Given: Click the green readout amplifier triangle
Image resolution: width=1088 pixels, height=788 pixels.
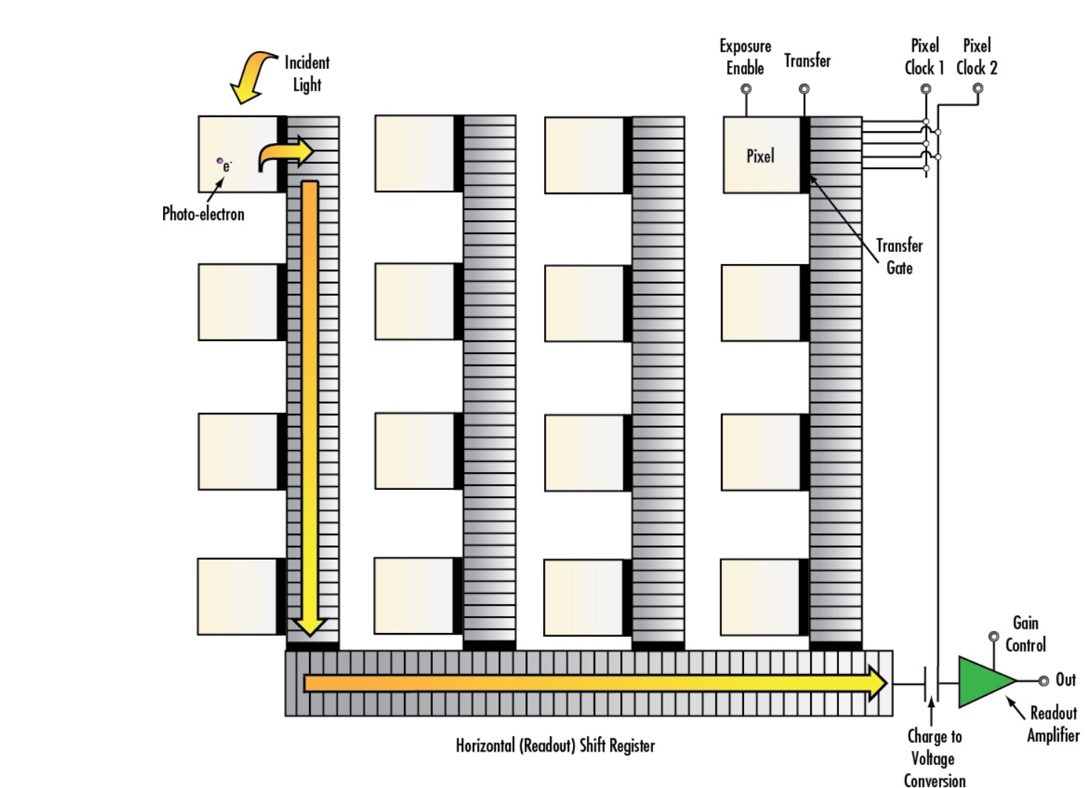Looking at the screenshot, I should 983,681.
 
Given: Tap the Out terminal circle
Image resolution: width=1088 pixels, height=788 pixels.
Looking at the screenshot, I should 1044,681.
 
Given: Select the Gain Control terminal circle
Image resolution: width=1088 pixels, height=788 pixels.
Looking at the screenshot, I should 994,637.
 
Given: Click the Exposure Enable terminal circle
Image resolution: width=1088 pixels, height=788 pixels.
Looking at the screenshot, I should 746,89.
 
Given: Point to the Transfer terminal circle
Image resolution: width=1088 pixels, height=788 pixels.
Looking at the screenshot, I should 804,89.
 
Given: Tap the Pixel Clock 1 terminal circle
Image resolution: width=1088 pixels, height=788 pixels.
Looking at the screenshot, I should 926,89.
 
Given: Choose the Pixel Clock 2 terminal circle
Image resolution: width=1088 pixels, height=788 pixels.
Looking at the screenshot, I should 978,89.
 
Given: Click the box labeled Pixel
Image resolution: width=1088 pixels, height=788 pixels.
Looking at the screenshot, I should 761,156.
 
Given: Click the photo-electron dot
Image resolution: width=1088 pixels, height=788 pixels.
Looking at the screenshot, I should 219,160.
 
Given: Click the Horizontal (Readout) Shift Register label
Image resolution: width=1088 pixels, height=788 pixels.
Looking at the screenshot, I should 555,746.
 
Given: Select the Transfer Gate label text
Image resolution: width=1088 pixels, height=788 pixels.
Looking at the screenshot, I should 899,256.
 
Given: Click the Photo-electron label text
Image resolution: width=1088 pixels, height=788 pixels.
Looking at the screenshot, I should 203,214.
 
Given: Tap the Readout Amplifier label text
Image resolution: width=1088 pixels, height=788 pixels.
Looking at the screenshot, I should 1053,724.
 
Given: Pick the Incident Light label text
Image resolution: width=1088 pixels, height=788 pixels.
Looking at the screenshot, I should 307,73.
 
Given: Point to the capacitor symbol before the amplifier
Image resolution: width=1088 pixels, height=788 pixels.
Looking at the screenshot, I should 932,683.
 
